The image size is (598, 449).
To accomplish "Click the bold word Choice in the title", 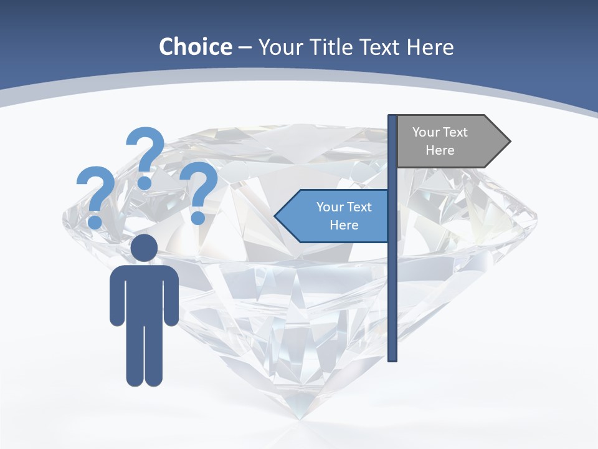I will pyautogui.click(x=195, y=47).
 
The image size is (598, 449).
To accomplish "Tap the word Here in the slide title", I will pyautogui.click(x=430, y=47).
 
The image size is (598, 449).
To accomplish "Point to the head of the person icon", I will pyautogui.click(x=144, y=248).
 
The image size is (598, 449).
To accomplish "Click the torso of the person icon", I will pyautogui.click(x=144, y=293).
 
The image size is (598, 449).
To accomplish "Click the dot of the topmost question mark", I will pyautogui.click(x=145, y=183).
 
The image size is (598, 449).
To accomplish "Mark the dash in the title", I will pyautogui.click(x=245, y=48).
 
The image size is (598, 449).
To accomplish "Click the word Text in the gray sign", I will pyautogui.click(x=455, y=132).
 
